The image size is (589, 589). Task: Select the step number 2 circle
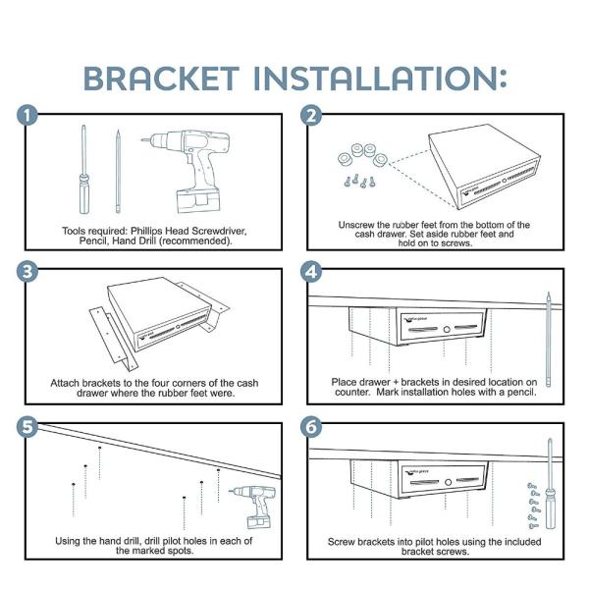[x=312, y=116]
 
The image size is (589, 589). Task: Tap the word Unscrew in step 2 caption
[x=359, y=225]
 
